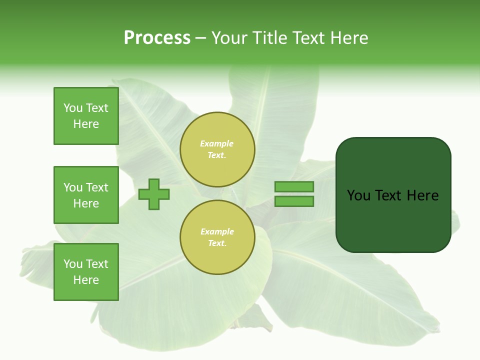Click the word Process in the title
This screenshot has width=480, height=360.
157,38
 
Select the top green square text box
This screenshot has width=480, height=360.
86,116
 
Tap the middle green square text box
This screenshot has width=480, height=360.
86,195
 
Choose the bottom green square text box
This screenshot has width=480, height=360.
86,272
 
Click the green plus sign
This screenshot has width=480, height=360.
153,194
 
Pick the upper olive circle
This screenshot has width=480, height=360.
217,149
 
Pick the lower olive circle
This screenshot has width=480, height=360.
217,237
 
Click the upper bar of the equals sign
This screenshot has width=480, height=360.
294,186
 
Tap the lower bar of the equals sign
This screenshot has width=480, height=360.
294,201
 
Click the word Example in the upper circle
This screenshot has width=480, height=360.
216,143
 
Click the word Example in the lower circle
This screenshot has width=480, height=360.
217,231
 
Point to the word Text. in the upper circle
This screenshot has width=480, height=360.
217,155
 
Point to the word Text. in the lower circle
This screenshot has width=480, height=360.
217,243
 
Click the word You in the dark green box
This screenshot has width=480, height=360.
358,195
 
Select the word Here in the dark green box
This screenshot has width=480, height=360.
422,195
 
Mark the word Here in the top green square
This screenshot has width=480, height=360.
86,124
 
